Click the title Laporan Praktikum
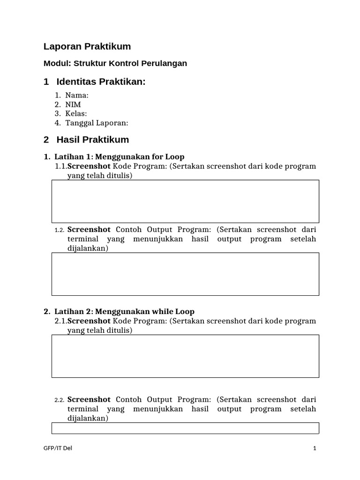tap(87, 46)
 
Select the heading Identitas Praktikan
tap(101, 82)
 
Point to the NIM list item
tap(73, 105)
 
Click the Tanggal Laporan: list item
tap(97, 123)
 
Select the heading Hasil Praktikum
tap(92, 140)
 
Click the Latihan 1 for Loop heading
tap(119, 157)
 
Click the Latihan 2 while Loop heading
tap(124, 311)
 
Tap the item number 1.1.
tap(61, 166)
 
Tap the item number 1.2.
tap(59, 230)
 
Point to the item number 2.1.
tap(61, 321)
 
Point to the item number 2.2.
tap(59, 400)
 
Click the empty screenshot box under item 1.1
tap(185, 201)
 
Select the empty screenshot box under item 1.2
tap(185, 274)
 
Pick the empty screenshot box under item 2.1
tap(185, 356)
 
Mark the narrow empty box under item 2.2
tap(185, 428)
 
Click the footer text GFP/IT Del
tap(57, 448)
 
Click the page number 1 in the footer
tap(315, 449)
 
